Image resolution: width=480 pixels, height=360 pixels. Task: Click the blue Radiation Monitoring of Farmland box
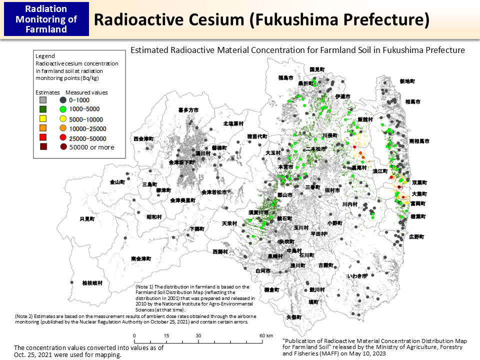46,19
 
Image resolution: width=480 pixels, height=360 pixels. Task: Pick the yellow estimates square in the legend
43,119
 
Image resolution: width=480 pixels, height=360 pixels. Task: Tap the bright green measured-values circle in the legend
63,109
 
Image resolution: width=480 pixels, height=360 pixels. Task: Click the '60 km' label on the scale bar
266,335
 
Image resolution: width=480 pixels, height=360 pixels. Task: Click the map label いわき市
357,275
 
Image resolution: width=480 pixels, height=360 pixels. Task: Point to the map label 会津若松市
214,192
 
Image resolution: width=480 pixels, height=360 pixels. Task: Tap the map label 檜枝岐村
92,282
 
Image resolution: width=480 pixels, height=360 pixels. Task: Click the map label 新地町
407,81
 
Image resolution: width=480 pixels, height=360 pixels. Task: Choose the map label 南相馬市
419,141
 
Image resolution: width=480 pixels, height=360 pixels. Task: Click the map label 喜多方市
188,109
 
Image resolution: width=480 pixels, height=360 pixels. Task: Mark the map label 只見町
87,219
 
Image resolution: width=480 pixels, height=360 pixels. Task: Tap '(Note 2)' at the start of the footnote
25,316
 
